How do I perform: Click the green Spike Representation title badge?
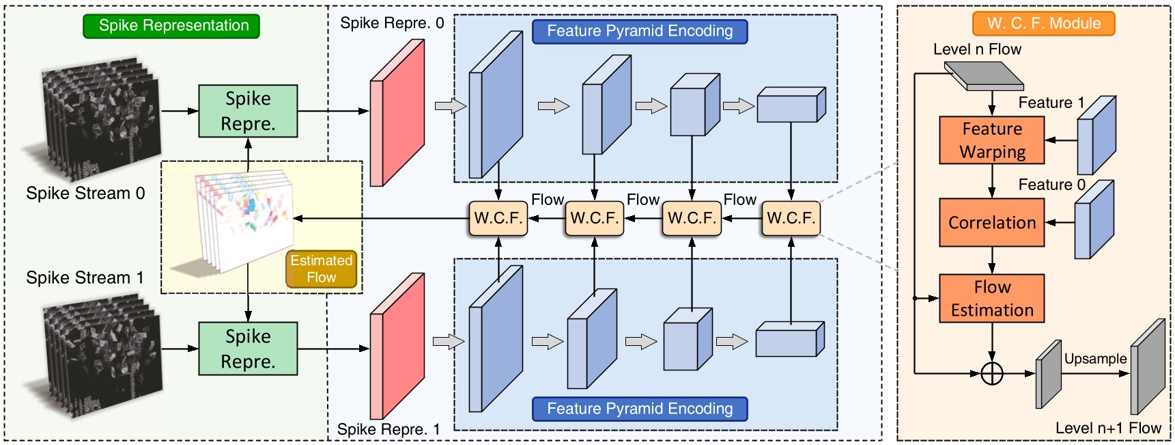[x=171, y=26]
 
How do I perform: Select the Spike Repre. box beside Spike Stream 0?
[x=248, y=111]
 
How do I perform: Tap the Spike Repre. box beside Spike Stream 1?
[x=248, y=349]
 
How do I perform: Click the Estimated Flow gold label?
[x=321, y=269]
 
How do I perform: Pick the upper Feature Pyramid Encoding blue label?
[x=640, y=31]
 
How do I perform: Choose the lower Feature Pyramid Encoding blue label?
[x=640, y=409]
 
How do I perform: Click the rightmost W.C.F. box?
[x=791, y=219]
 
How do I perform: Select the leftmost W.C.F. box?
[x=498, y=219]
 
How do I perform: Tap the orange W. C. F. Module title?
[x=1043, y=23]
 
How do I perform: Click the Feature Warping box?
[x=991, y=140]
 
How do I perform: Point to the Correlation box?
[x=991, y=223]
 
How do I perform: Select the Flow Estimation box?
[x=991, y=299]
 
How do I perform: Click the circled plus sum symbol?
[x=991, y=374]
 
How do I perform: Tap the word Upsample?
[x=1095, y=359]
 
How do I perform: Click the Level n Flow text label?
[x=977, y=49]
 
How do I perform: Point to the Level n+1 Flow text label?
[x=1107, y=429]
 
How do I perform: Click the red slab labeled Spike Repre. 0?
[x=397, y=113]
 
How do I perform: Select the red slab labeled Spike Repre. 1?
[x=397, y=347]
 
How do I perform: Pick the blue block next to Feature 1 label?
[x=1096, y=135]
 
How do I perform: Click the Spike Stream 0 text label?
[x=85, y=193]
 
